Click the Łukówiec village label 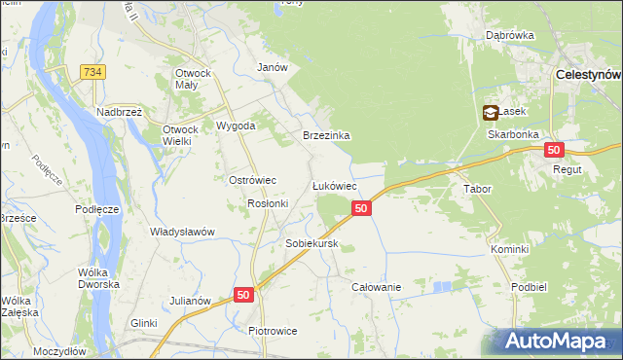(333, 185)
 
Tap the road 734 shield (93, 72)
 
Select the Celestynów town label (588, 74)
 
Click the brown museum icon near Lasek (491, 113)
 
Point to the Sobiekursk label (311, 243)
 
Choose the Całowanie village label (377, 287)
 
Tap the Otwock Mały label (199, 79)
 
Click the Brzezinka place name (326, 136)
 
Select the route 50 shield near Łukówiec (361, 208)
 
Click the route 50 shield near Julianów (243, 294)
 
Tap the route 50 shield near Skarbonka (554, 150)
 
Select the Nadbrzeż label (120, 112)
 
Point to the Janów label (272, 67)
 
